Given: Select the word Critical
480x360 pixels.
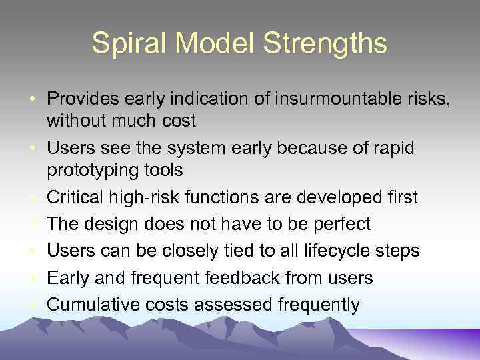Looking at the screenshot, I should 77,197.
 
